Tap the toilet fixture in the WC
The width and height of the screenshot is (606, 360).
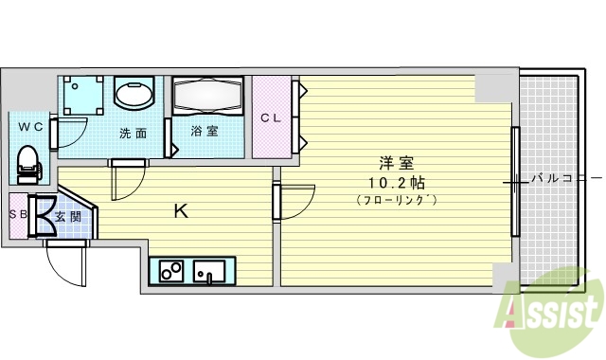tap(29, 162)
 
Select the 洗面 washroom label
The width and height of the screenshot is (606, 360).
tap(133, 134)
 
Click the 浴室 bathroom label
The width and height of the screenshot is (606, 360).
tap(205, 132)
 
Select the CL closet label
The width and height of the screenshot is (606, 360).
tap(271, 118)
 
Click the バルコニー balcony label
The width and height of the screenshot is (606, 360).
tap(565, 177)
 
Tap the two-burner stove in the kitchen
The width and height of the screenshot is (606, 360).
tap(171, 272)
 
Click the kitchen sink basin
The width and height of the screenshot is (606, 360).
tap(209, 272)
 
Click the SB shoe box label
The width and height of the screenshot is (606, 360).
tap(16, 214)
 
